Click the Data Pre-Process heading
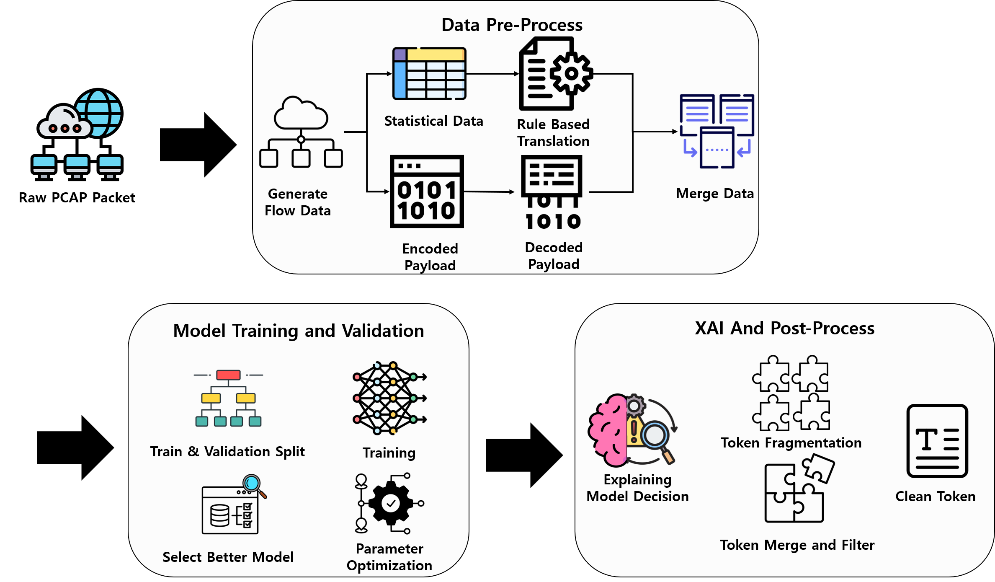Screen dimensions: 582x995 (512, 25)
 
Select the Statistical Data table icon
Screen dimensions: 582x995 (429, 74)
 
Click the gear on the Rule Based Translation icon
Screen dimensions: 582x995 (571, 74)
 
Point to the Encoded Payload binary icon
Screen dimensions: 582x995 (427, 192)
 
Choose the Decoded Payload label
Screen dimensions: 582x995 (554, 256)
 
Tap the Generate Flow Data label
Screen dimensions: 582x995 (298, 202)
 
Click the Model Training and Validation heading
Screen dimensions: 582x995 (299, 331)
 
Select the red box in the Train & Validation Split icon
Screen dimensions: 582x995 (228, 375)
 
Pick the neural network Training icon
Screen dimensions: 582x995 (389, 398)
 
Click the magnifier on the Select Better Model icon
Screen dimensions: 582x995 (253, 484)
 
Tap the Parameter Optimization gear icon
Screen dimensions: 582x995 (391, 503)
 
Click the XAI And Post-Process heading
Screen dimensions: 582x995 (784, 328)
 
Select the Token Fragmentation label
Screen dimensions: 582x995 (791, 442)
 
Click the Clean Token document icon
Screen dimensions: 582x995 (937, 441)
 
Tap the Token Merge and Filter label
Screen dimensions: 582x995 (797, 545)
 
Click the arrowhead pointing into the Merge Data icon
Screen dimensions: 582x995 (675, 132)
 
